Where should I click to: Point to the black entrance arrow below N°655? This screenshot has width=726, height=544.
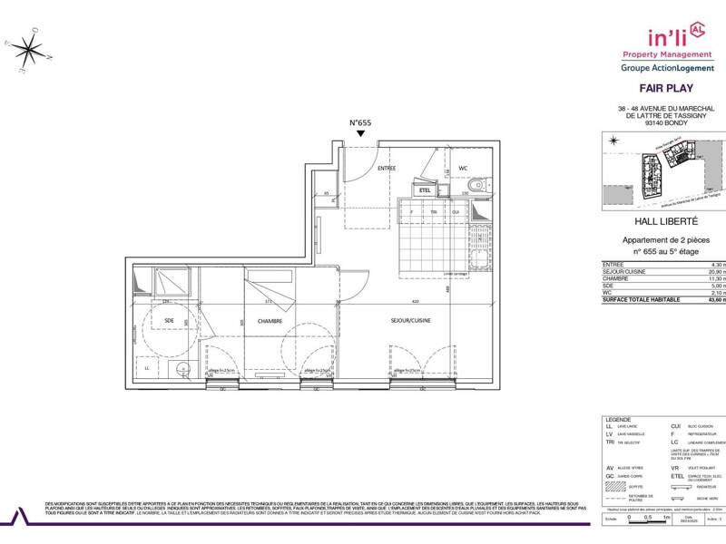point(361,134)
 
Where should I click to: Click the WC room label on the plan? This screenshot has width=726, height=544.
point(462,169)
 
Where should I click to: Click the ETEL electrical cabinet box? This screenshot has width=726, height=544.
point(425,190)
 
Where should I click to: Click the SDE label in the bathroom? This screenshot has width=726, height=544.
point(169,320)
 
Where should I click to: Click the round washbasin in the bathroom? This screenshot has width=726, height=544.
point(182,367)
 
